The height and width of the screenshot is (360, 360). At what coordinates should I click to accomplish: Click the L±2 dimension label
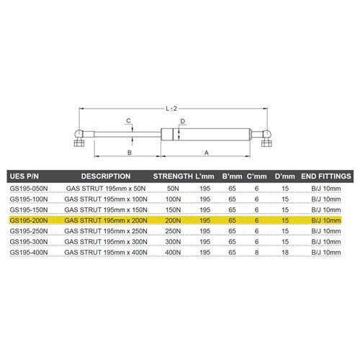coord(171,108)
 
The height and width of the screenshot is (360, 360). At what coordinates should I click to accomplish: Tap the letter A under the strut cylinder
coord(207,153)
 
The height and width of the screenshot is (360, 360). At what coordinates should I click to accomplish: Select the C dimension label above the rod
coord(127,120)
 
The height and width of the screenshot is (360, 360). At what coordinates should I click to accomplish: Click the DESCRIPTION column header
coord(105,176)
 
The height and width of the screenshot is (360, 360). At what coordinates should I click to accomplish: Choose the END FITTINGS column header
coord(325,176)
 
